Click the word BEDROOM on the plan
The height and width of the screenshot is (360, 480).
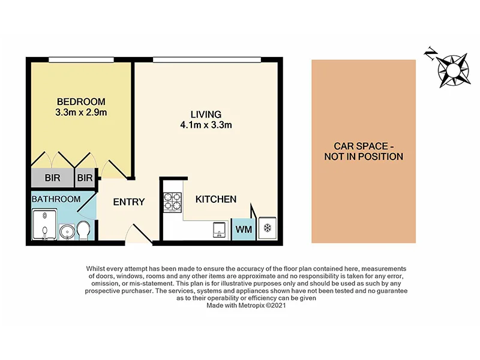coord(81,101)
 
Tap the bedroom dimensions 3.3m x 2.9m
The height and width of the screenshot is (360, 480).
coord(81,112)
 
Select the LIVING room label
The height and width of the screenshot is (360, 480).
coord(206,114)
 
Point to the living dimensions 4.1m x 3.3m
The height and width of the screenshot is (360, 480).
coord(206,125)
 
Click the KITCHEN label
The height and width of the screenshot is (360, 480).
coord(216,199)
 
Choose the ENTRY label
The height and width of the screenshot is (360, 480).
coord(129,202)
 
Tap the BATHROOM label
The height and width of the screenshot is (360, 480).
coord(56,199)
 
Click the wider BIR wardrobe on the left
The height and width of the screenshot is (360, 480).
coord(52,178)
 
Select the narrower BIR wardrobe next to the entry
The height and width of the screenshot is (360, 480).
coord(85,178)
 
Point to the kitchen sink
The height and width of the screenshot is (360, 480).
coord(218,229)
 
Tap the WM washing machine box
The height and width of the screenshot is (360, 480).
coord(243,229)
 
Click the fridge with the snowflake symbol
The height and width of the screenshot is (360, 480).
coord(267,229)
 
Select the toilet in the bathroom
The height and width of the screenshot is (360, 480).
coord(84,229)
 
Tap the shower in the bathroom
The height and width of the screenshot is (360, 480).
coord(44,224)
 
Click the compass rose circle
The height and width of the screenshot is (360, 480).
coord(452,67)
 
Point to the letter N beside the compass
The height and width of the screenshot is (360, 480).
coord(430,54)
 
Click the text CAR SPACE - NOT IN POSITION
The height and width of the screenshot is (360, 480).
coord(364,151)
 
